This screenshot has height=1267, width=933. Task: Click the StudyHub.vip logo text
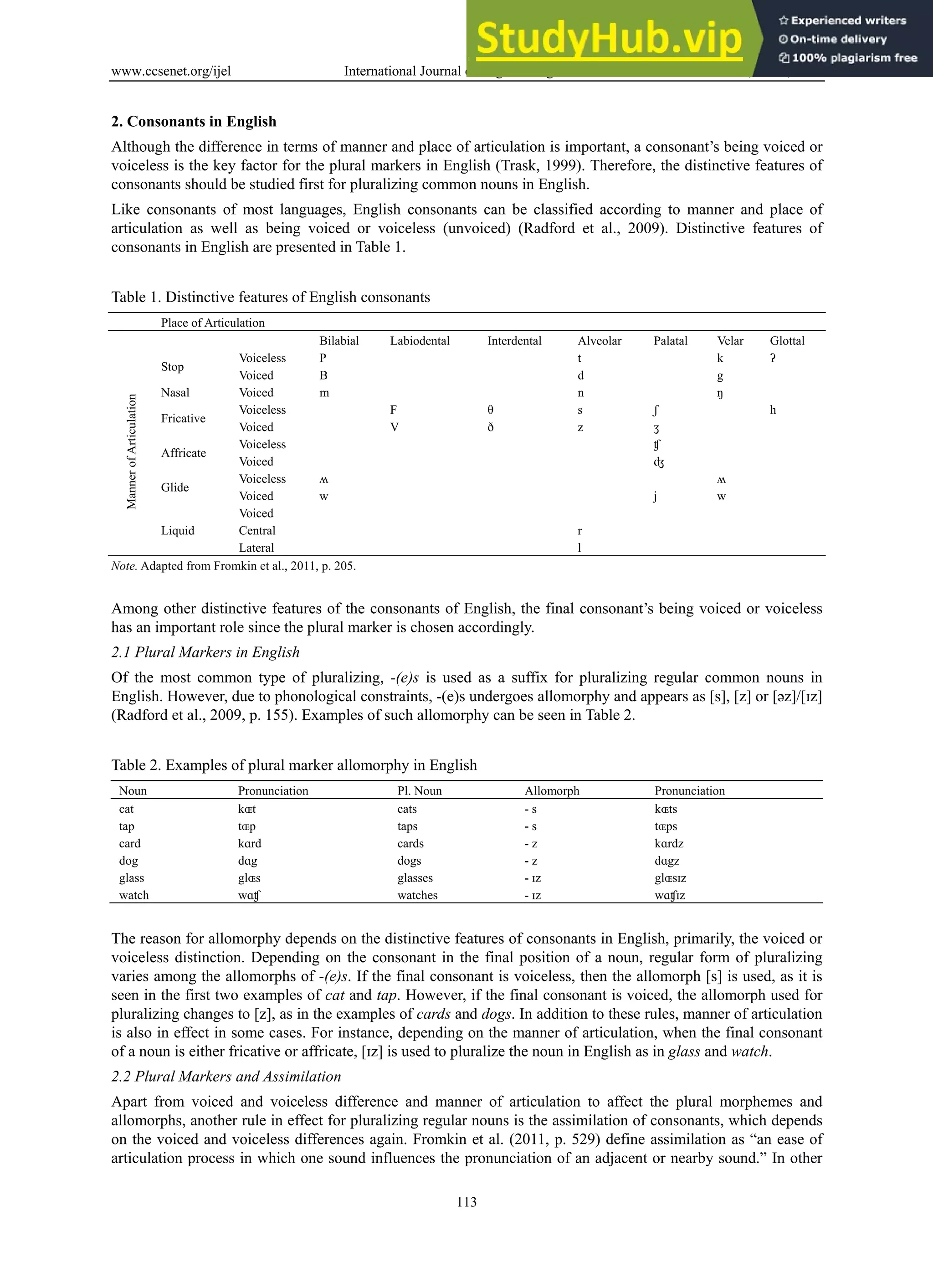608,38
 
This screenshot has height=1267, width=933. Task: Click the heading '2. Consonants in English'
194,122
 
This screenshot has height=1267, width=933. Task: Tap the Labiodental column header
420,341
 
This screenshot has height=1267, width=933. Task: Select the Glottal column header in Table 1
787,341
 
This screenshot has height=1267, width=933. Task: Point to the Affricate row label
183,452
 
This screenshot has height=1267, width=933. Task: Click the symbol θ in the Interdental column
490,410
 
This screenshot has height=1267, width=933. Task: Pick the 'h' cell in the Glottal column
773,410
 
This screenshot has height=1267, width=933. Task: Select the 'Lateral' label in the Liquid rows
256,547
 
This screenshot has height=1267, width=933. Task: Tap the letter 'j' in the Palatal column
655,497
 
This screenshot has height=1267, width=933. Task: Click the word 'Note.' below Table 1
123,566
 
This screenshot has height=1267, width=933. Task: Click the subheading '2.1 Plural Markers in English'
205,652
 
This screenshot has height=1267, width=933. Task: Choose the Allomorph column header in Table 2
551,790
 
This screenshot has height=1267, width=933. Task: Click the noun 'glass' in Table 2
131,878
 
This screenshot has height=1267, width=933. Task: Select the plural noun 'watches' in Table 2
417,895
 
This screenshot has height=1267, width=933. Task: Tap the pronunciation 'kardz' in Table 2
669,843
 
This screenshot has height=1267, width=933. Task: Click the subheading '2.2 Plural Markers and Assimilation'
226,1076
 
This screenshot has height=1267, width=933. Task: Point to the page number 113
466,1201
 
